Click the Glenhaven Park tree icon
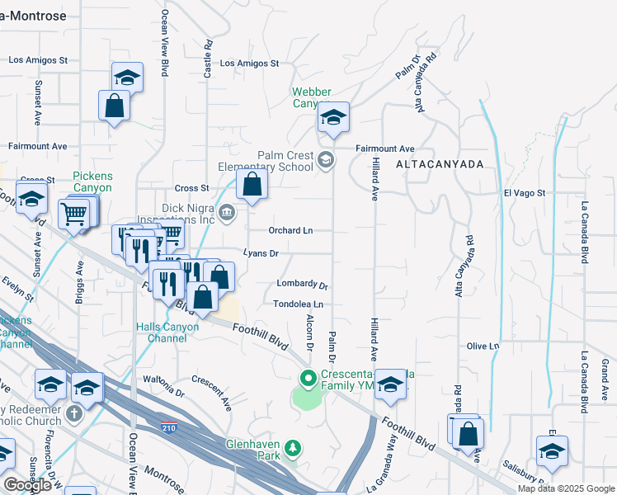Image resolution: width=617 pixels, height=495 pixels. point(292,449)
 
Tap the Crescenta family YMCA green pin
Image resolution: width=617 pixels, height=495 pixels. point(309,379)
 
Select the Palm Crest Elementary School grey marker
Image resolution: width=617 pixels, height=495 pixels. point(326,160)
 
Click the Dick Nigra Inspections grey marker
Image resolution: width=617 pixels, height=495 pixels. point(228,214)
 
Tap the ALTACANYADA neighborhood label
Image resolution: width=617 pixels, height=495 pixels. point(439,164)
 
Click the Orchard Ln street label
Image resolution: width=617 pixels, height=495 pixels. point(291,230)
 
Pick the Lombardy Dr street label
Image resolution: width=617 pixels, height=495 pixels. point(302,284)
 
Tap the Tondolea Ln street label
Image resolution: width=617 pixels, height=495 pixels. point(299,304)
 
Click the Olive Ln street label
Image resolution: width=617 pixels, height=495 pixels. point(483,346)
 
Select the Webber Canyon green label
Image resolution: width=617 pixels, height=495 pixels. point(311,97)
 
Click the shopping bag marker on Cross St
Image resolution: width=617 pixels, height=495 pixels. point(252,185)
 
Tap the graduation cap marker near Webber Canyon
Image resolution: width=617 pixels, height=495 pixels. point(333,117)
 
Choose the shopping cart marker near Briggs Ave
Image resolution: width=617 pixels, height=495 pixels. point(74,214)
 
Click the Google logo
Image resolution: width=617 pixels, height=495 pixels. point(27,485)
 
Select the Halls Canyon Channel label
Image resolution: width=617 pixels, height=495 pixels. point(167,332)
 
